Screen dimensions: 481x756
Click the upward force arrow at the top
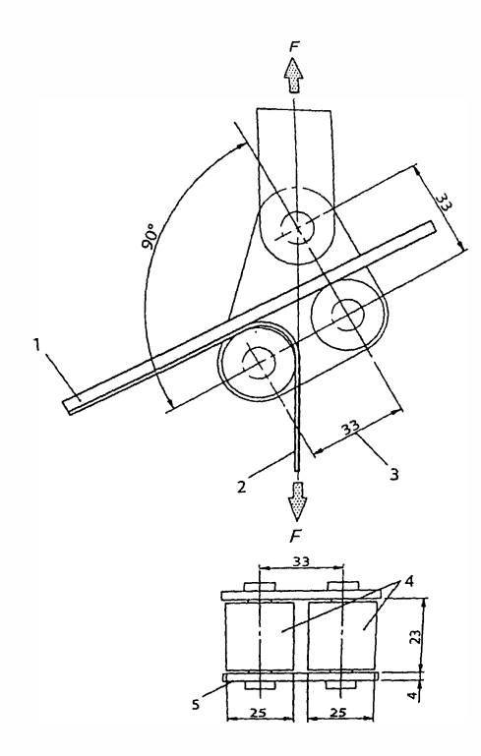293,75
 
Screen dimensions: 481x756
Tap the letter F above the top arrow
294,47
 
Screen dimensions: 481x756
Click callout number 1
36,345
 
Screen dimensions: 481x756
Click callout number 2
242,486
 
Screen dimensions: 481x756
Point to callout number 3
394,475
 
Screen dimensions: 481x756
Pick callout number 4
408,581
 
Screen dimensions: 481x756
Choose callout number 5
196,705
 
